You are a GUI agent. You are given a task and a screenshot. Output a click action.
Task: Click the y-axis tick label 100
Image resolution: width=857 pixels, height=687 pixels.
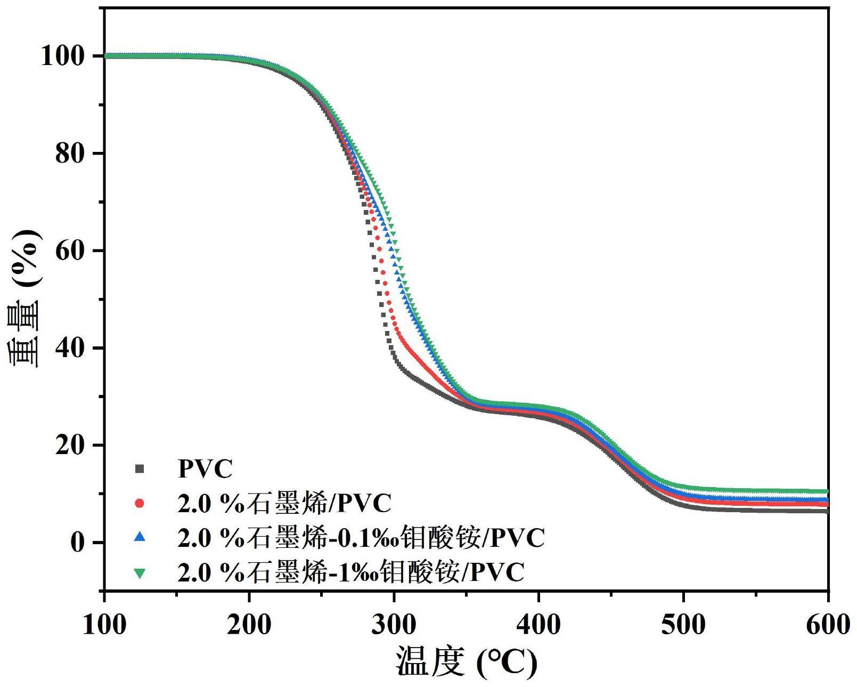click(63, 56)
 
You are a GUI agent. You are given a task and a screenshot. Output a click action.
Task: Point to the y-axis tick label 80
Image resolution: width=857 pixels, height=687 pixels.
click(71, 153)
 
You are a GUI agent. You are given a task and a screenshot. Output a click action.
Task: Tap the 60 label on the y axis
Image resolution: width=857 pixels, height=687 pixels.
click(71, 250)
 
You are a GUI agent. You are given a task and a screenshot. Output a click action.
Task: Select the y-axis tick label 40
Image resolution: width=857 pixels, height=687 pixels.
click(71, 348)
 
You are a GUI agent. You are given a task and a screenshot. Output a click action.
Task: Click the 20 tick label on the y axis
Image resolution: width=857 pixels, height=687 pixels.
click(71, 445)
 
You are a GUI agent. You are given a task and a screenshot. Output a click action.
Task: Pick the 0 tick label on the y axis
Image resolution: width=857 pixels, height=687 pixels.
click(78, 543)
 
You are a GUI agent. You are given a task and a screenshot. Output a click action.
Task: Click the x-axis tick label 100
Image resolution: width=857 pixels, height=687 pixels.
click(104, 624)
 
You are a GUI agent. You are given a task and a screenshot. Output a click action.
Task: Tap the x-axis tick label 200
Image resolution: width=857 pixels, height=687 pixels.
click(249, 624)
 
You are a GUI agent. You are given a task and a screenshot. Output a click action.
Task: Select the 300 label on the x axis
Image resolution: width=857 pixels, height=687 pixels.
click(394, 624)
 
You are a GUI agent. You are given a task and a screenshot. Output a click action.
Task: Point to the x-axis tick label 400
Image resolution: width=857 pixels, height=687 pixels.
click(538, 624)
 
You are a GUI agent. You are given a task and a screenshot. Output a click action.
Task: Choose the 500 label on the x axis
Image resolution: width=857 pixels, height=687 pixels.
click(683, 624)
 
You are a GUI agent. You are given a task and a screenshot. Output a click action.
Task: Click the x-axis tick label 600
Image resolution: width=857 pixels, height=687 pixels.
click(827, 624)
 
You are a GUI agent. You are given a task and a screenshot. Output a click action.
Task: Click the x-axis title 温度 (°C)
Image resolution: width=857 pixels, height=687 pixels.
click(466, 662)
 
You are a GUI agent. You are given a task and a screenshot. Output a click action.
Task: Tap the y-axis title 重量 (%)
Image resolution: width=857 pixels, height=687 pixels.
click(25, 298)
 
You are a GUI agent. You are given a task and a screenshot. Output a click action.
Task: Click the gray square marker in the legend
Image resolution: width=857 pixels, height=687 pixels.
click(140, 469)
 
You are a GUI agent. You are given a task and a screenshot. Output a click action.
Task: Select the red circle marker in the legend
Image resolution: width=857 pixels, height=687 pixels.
click(140, 503)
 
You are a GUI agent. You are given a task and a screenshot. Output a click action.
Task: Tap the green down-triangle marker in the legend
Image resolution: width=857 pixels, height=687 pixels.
click(140, 573)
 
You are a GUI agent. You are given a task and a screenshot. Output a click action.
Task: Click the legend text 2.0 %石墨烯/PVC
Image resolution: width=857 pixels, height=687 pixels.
click(284, 503)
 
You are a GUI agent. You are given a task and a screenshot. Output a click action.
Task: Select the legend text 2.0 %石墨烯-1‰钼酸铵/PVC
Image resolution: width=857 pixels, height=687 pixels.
click(351, 572)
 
